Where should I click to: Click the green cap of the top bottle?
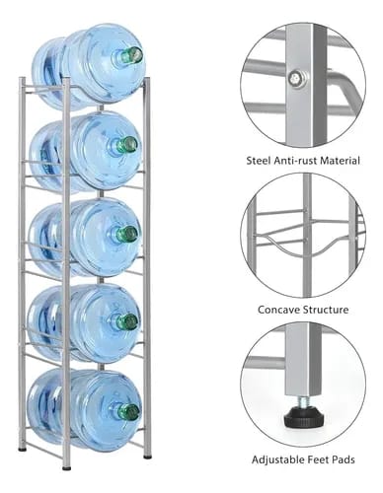[134, 54]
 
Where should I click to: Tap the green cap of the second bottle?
[129, 145]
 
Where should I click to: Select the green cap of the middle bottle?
[129, 234]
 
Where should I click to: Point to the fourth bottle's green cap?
[129, 321]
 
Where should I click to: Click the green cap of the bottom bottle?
[130, 412]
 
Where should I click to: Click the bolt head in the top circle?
[294, 79]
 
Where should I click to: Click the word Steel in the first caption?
[259, 161]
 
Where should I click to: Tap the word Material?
[340, 161]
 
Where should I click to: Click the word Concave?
[278, 310]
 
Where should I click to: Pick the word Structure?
[326, 310]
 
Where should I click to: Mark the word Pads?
[344, 459]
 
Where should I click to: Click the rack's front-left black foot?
[66, 467]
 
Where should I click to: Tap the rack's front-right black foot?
[147, 456]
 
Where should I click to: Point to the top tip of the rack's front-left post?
[66, 79]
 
